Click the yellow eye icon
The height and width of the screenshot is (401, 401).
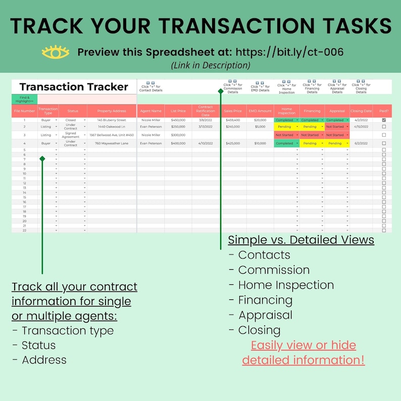(x=56, y=52)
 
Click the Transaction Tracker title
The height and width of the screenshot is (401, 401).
(x=74, y=87)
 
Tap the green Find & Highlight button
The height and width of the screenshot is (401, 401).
(x=25, y=99)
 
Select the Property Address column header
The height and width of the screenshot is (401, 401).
(x=111, y=111)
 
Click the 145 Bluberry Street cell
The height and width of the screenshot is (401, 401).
(x=111, y=120)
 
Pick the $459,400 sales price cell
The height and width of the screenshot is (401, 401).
(x=233, y=120)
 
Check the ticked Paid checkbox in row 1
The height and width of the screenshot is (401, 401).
(x=384, y=120)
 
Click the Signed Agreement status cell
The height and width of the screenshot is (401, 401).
(x=70, y=135)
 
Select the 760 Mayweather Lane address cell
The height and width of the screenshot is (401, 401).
(x=111, y=143)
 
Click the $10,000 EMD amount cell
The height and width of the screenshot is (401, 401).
(x=260, y=143)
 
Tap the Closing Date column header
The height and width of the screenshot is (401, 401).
(x=361, y=111)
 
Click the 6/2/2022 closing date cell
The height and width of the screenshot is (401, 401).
(x=361, y=143)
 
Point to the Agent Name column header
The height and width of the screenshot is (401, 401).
(x=151, y=111)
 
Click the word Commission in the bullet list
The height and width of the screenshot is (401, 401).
(x=274, y=270)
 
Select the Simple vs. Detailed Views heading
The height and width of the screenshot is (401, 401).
(x=301, y=240)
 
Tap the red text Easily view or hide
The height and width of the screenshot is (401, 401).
(x=303, y=345)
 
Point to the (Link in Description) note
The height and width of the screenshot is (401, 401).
(x=210, y=65)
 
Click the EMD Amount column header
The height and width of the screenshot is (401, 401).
(x=260, y=111)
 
